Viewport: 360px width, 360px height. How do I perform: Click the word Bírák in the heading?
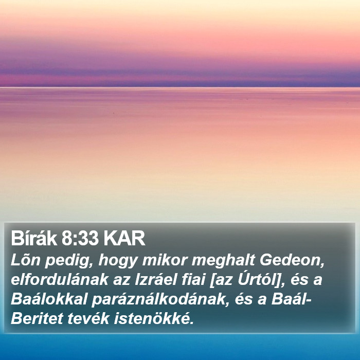pos(34,238)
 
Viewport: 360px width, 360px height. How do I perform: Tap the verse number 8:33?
pos(80,239)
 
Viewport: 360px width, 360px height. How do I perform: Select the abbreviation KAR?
pos(124,239)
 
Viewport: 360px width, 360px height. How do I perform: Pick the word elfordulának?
pos(60,280)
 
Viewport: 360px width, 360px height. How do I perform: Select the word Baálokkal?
pos(49,299)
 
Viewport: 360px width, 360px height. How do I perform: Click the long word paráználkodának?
pos(160,300)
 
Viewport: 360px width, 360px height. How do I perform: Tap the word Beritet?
pos(37,319)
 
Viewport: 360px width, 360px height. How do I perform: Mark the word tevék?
pos(88,319)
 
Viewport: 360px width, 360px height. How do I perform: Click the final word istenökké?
pos(154,319)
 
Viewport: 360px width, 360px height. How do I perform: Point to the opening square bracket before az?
pos(211,280)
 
